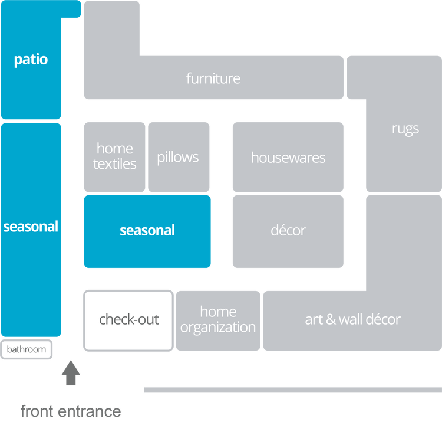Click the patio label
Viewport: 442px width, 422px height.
tap(31, 60)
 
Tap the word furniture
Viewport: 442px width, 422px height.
tap(213, 78)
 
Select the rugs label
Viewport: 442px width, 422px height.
tap(405, 128)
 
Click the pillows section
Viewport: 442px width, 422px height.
tap(178, 157)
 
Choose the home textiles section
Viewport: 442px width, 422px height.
tap(114, 156)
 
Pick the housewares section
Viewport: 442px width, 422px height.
tap(288, 157)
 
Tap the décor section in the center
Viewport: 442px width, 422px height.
tap(288, 230)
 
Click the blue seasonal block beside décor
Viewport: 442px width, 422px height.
tap(147, 230)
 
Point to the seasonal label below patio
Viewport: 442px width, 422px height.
tap(31, 227)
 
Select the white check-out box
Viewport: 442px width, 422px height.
tap(129, 320)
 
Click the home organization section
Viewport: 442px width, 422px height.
tap(218, 319)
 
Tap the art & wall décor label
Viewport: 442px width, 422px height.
tap(352, 319)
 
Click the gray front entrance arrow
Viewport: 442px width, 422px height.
tap(71, 372)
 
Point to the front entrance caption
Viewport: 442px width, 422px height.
tap(71, 410)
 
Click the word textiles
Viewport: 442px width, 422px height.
tap(114, 164)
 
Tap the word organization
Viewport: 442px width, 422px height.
tap(218, 327)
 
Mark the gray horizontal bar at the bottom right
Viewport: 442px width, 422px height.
tap(292, 390)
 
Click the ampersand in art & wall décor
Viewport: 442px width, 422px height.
tap(330, 320)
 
